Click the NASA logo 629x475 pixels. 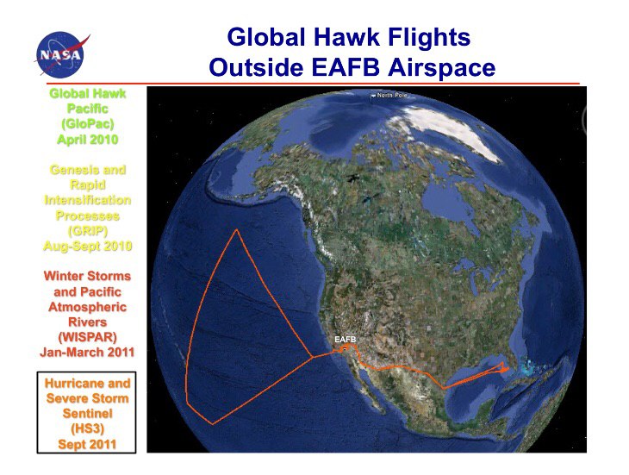[61, 54]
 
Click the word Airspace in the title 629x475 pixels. [441, 68]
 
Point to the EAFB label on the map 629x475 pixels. [345, 340]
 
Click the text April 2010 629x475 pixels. [87, 140]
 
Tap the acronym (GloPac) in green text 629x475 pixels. [87, 124]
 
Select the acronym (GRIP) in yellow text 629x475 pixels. [87, 231]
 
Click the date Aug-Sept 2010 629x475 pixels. [87, 246]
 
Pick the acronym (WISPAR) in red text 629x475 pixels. [87, 337]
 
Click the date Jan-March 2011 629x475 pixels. [87, 353]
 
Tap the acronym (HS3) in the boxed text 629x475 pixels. [87, 429]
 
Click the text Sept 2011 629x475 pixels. [87, 445]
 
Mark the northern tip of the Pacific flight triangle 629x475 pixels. [237, 230]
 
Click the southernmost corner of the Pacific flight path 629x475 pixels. [213, 423]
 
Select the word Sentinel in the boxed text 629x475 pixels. [87, 413]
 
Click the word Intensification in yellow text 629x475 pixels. [87, 200]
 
